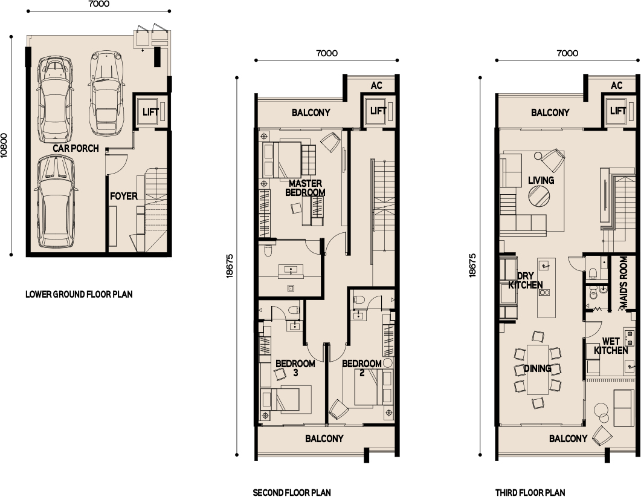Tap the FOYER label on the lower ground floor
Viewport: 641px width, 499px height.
tap(123, 196)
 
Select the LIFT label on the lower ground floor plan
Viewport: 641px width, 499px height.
tap(150, 112)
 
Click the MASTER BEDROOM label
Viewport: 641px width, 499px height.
tap(306, 188)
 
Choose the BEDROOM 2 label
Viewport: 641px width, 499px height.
tap(361, 368)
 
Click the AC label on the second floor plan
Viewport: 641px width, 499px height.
tap(376, 86)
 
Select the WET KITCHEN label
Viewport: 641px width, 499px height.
tap(611, 346)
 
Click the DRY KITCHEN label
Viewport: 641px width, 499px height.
tap(525, 280)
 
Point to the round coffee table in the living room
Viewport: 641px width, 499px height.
tap(539, 197)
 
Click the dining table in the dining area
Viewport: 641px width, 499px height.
tap(537, 369)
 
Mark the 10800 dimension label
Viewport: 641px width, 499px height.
tap(5, 145)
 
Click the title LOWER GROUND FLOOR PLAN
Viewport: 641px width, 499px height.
tap(79, 295)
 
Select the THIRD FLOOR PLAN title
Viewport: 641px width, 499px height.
tap(530, 492)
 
